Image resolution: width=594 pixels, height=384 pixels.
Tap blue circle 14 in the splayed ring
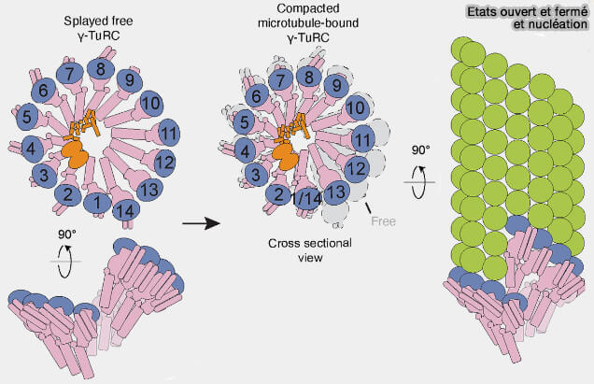point(125,212)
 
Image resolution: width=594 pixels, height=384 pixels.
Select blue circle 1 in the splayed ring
point(94,199)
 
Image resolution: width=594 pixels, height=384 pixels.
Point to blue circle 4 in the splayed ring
point(33,148)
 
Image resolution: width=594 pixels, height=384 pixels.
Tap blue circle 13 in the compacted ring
point(338,193)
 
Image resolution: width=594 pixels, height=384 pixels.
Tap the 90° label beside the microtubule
point(421,149)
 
